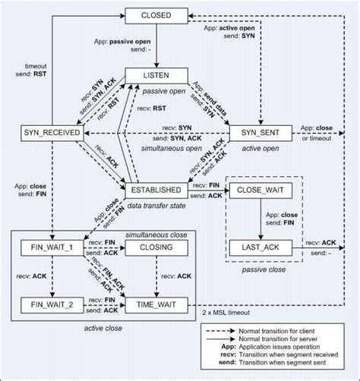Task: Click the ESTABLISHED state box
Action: (156, 189)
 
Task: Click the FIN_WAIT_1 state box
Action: (51, 247)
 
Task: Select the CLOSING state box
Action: (156, 247)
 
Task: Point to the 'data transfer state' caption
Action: (156, 205)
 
